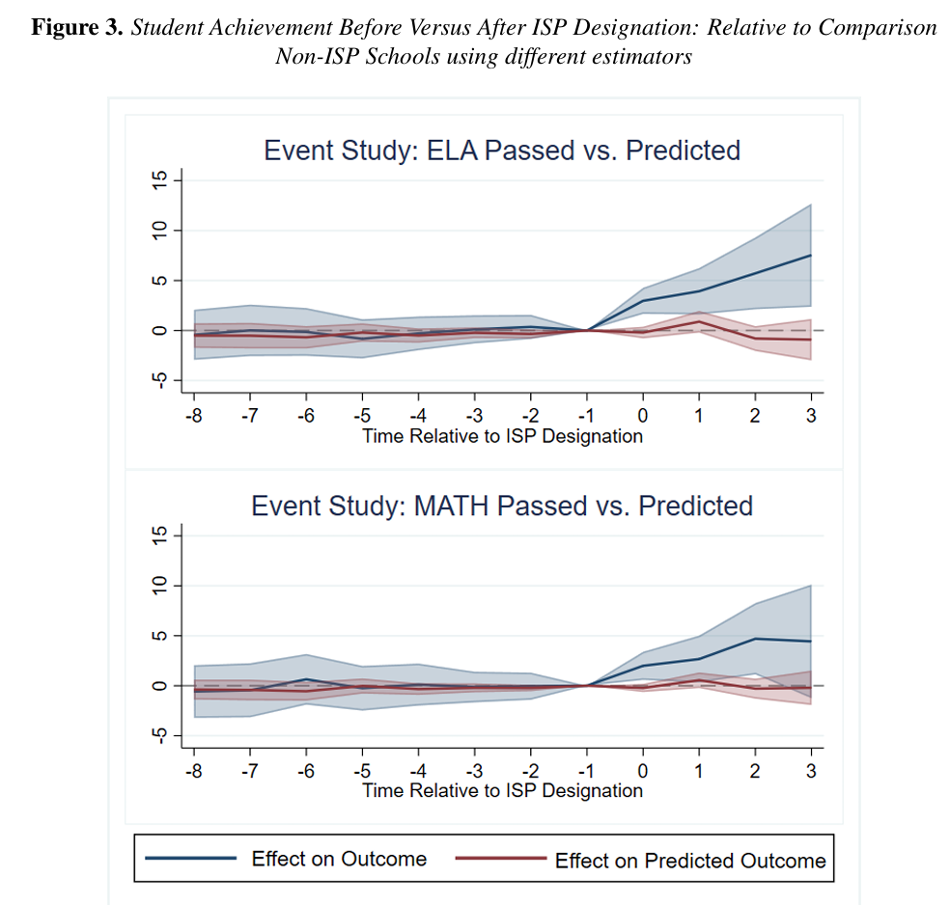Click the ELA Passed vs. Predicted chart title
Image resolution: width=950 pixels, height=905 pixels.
point(502,151)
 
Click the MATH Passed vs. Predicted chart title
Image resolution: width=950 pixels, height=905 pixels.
point(502,507)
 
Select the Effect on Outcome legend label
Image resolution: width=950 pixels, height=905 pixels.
point(339,859)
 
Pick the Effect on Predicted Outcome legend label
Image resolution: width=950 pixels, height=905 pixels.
point(690,861)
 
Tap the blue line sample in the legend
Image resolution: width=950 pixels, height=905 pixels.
point(191,859)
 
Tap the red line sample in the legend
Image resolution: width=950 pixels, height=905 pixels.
point(501,859)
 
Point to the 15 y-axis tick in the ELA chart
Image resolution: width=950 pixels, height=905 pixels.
point(159,179)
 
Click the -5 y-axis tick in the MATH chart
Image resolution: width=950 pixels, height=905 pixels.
point(159,735)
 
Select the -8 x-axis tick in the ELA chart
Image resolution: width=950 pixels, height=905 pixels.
point(194,416)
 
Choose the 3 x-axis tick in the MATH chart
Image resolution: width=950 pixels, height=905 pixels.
point(811,771)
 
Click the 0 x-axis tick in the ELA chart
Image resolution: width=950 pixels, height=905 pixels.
point(643,416)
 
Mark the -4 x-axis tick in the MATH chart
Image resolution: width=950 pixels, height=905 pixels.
point(418,771)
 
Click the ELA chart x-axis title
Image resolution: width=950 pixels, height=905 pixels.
point(502,436)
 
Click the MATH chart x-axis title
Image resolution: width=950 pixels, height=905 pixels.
point(502,790)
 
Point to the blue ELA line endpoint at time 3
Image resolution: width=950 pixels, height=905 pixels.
point(811,256)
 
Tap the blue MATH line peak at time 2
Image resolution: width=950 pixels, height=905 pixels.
point(755,639)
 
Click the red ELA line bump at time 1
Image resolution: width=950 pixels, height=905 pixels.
point(699,321)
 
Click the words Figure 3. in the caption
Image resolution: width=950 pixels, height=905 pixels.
point(77,28)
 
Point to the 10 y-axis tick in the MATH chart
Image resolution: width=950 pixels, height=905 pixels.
point(159,586)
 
